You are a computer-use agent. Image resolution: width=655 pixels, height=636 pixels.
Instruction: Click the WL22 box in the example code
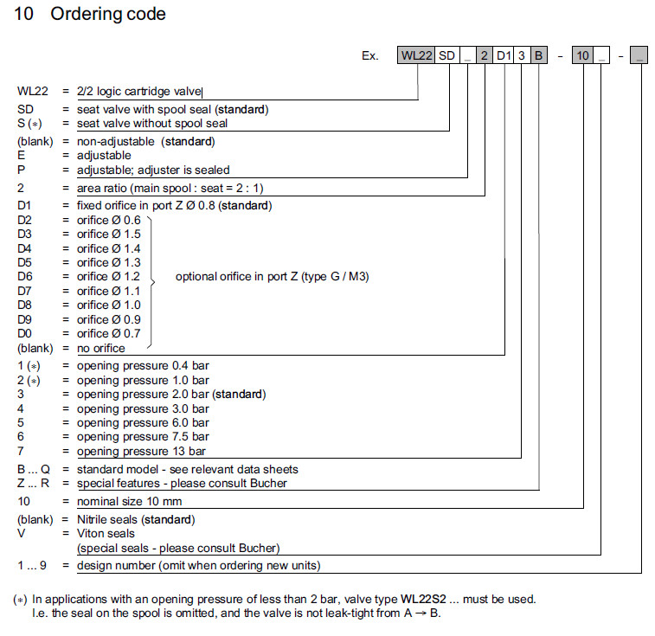[x=416, y=55]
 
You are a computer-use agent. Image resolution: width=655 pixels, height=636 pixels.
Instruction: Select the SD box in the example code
[x=446, y=55]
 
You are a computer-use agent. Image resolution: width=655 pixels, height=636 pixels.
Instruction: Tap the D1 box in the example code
[x=503, y=55]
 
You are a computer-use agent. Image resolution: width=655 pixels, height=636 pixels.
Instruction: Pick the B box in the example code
[x=538, y=55]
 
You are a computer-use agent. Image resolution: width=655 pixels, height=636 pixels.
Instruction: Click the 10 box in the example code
[x=583, y=55]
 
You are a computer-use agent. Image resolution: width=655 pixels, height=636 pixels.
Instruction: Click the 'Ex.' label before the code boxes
[x=370, y=55]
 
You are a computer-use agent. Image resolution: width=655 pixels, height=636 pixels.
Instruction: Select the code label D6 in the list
[x=25, y=277]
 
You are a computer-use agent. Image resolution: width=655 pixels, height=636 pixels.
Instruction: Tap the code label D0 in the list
[x=25, y=333]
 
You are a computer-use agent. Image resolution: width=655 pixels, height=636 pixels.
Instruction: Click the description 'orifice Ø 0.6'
[x=108, y=221]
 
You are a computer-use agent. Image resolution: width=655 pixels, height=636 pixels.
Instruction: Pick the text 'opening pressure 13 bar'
[x=143, y=452]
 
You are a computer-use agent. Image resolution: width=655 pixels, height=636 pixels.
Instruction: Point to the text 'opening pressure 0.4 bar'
[x=143, y=366]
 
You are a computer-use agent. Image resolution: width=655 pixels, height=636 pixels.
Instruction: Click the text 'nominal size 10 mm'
[x=130, y=501]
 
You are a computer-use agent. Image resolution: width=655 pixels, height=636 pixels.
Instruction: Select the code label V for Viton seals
[x=20, y=534]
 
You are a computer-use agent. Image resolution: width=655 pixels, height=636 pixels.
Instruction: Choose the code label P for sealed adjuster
[x=20, y=170]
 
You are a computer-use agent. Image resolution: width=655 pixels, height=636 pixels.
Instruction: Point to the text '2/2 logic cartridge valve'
[x=138, y=91]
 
